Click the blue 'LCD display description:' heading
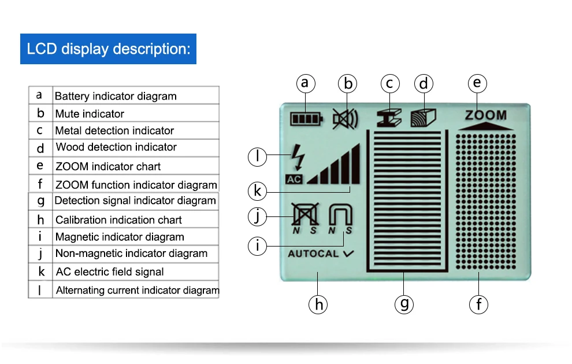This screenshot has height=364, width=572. tap(109, 49)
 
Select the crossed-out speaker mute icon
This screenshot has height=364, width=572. tap(345, 119)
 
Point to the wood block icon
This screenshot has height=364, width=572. tap(423, 117)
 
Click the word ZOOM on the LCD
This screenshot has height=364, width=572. tap(485, 115)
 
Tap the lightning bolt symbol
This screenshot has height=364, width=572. tap(298, 156)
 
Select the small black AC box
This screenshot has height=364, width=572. tap(294, 179)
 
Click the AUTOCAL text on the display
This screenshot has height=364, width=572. tap(314, 253)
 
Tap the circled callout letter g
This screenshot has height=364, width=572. tap(404, 303)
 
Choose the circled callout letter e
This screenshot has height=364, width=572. tap(477, 83)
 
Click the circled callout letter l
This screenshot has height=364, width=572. tap(258, 156)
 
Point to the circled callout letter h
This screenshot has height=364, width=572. tap(318, 304)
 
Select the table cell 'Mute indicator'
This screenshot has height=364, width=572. tap(90, 114)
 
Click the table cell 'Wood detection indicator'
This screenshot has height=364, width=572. tap(116, 147)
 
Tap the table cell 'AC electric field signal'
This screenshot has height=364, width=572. tap(110, 272)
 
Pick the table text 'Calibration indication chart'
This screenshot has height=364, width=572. tap(118, 220)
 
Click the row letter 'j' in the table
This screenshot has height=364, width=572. tap(40, 253)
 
